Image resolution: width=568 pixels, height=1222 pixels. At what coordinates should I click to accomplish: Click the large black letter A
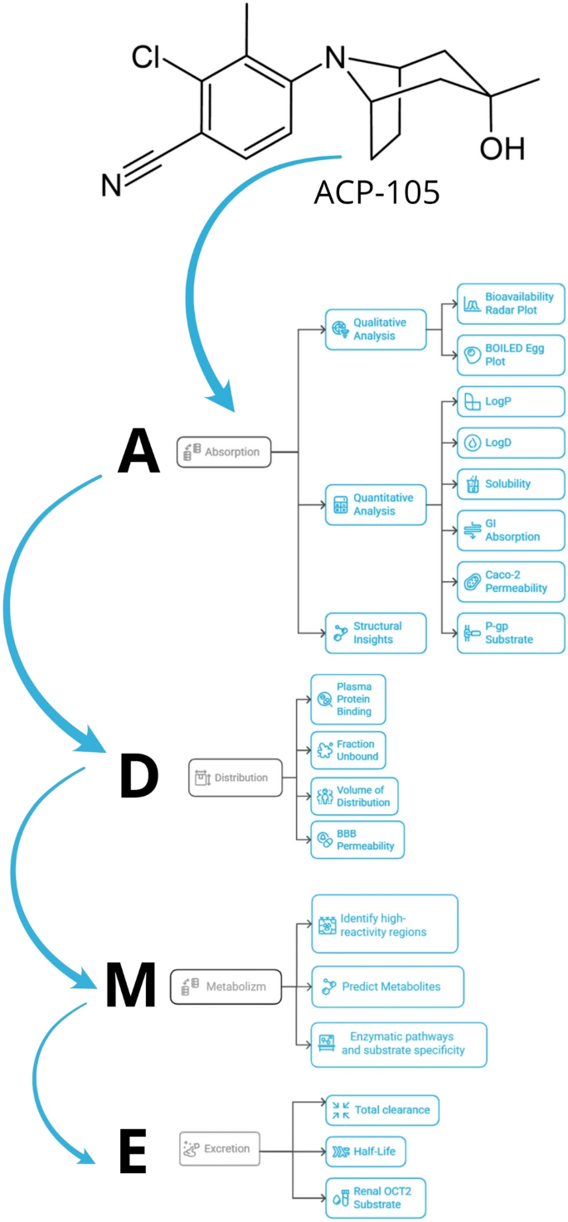tap(138, 453)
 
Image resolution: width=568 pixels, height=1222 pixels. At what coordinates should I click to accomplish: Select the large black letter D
tap(138, 777)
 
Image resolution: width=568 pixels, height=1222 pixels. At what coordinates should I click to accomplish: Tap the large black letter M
tap(131, 986)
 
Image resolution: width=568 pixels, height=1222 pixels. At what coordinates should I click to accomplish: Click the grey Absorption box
tap(224, 452)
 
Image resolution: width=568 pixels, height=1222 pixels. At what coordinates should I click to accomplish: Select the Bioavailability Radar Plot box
tap(511, 303)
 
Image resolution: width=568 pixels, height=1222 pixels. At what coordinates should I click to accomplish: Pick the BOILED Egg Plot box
tap(511, 356)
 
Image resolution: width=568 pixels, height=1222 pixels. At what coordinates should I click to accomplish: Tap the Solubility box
tap(511, 483)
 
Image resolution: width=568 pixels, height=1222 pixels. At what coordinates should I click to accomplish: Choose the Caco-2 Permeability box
tap(511, 581)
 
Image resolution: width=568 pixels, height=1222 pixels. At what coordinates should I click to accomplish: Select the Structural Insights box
tap(376, 633)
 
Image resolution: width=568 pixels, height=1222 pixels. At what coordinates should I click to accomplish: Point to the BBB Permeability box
tap(357, 838)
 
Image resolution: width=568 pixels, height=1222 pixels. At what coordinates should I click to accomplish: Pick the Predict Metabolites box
tap(387, 987)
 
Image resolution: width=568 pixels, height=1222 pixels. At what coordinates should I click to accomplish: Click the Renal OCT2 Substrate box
tap(375, 1197)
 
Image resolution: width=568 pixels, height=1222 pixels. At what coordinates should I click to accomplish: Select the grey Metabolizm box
tap(225, 986)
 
